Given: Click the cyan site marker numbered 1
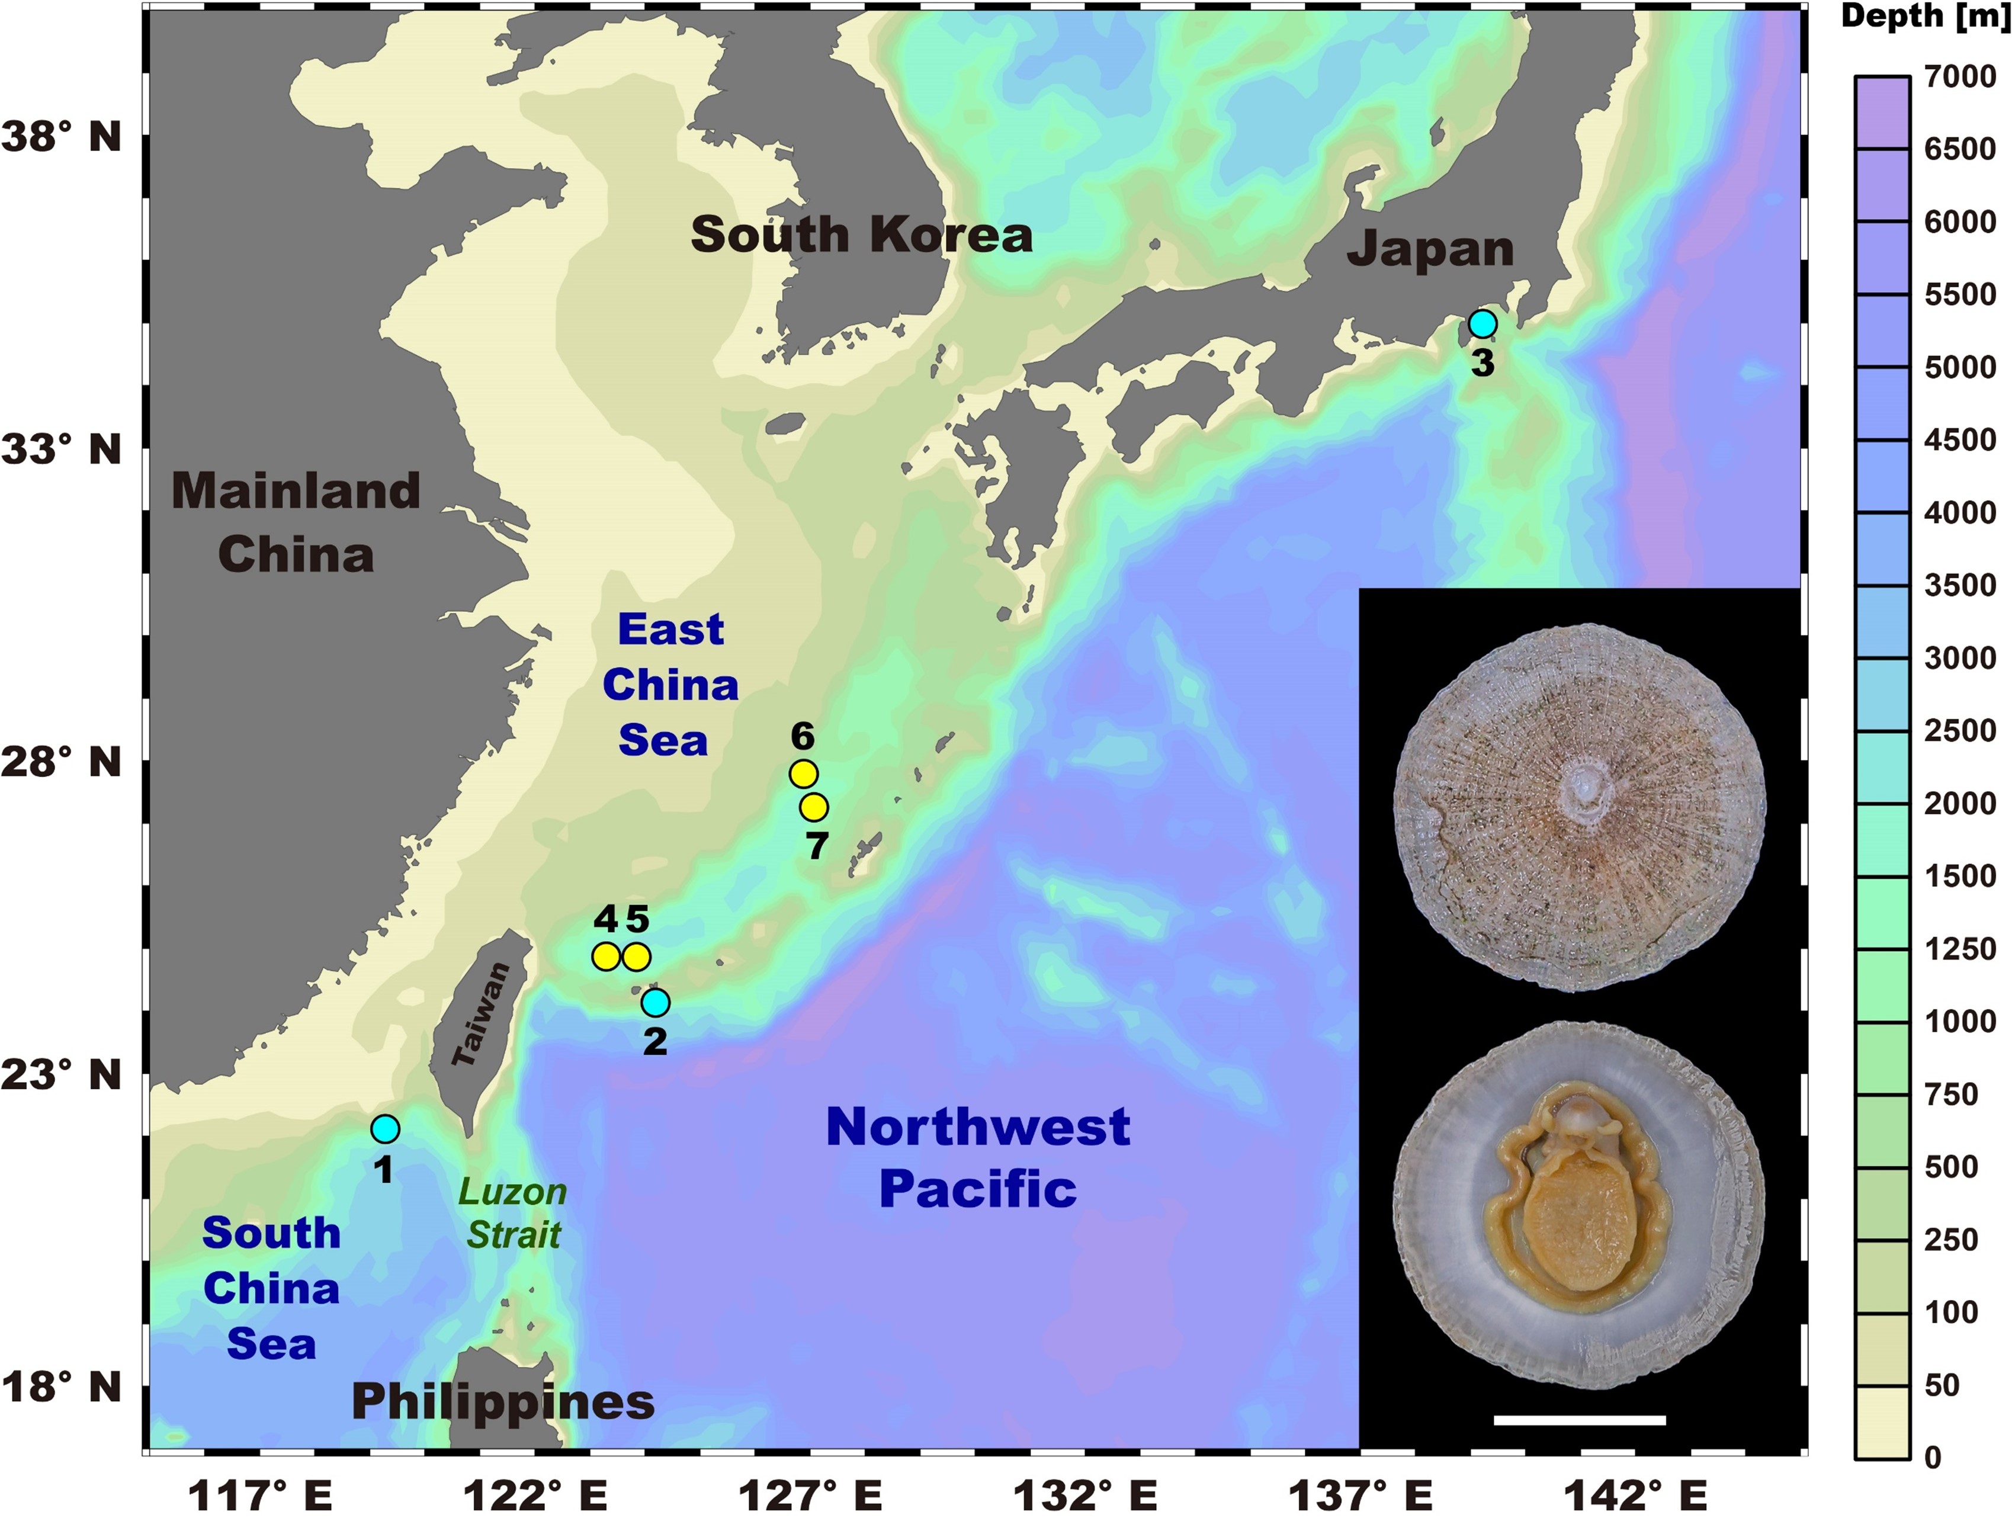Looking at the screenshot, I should pos(385,1129).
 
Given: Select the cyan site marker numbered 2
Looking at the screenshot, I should pos(655,1002).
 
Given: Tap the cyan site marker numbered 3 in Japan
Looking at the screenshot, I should pos(1482,324).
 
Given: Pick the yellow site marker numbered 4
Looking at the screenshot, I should pos(606,957).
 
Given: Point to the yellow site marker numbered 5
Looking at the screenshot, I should pos(637,957).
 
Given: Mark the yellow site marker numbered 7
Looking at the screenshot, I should pos(814,807).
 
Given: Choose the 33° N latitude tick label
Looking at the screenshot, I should pos(62,450).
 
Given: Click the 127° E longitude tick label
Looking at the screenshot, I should pos(810,1494).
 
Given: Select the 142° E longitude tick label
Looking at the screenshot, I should pos(1635,1494).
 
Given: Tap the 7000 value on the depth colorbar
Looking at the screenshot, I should pos(1960,76).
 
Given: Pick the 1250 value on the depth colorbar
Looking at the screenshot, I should pos(1960,949).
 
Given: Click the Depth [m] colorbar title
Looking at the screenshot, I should pos(1925,17).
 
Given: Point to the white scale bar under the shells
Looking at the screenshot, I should pos(1580,1420).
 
